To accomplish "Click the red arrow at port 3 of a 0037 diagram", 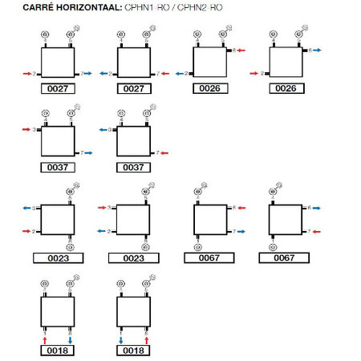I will [x=26, y=128].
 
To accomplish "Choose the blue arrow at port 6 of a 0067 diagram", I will [x=318, y=208].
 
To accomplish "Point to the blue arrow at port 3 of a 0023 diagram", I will [x=26, y=208].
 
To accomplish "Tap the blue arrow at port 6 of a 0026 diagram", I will [x=318, y=51].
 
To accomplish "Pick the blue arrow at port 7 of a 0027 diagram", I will [x=87, y=73].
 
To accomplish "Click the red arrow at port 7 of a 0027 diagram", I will [x=164, y=73].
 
